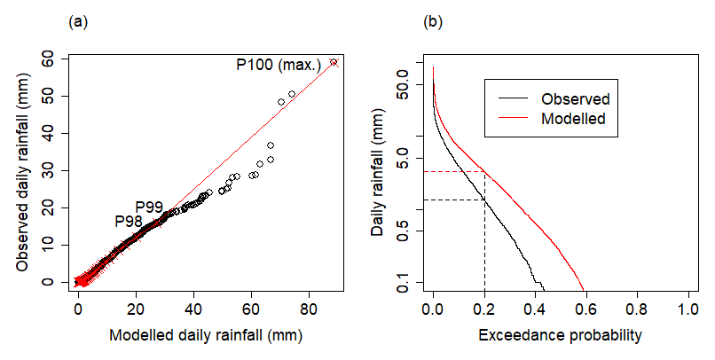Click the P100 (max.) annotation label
click(278, 65)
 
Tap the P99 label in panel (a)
click(149, 207)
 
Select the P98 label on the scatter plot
click(129, 221)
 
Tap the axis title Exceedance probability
click(559, 336)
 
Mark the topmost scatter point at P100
click(334, 62)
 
